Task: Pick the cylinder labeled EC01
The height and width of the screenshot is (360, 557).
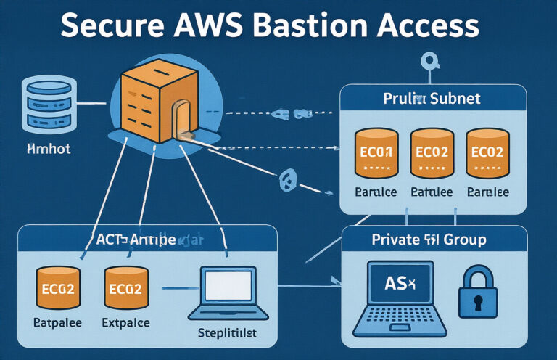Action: [376, 153]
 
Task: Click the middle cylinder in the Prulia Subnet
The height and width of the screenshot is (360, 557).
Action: [432, 153]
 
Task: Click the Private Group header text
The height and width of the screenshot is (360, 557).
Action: [429, 239]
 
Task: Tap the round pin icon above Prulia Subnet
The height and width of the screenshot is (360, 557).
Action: [431, 61]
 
